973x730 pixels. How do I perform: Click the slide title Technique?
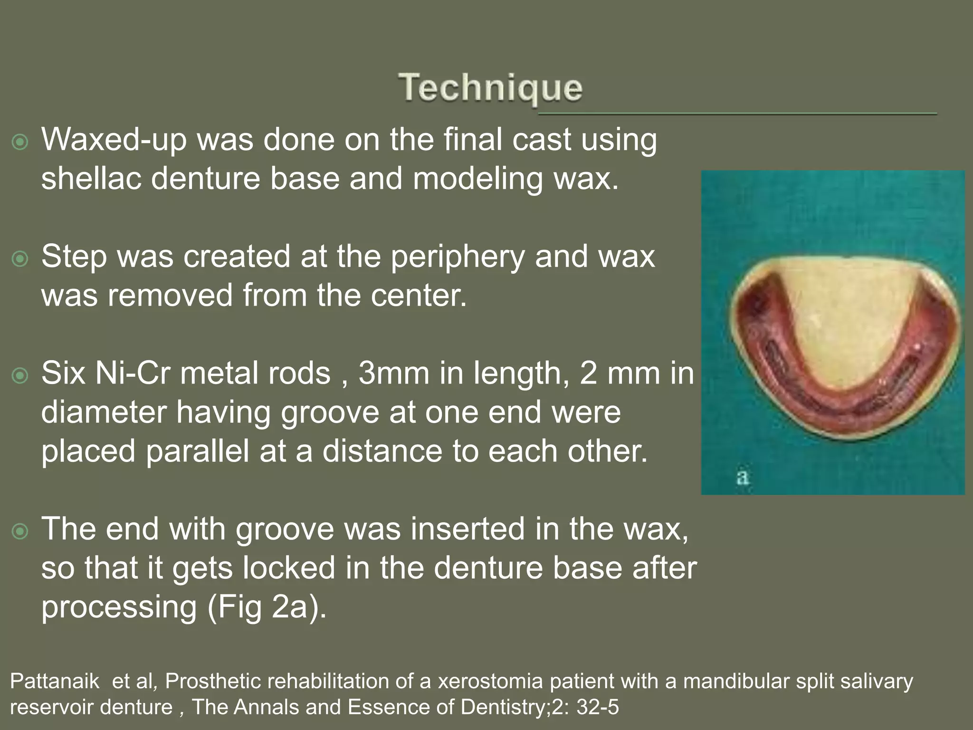490,88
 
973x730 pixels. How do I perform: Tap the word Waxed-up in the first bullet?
114,140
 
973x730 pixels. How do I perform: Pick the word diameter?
104,412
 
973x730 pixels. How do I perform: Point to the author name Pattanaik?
55,682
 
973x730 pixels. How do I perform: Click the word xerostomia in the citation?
490,682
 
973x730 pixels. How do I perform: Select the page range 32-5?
598,707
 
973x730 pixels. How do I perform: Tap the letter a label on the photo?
743,477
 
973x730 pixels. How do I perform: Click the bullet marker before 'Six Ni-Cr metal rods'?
20,376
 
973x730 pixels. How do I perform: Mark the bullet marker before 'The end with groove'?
20,531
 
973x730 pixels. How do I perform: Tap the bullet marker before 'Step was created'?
20,259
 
